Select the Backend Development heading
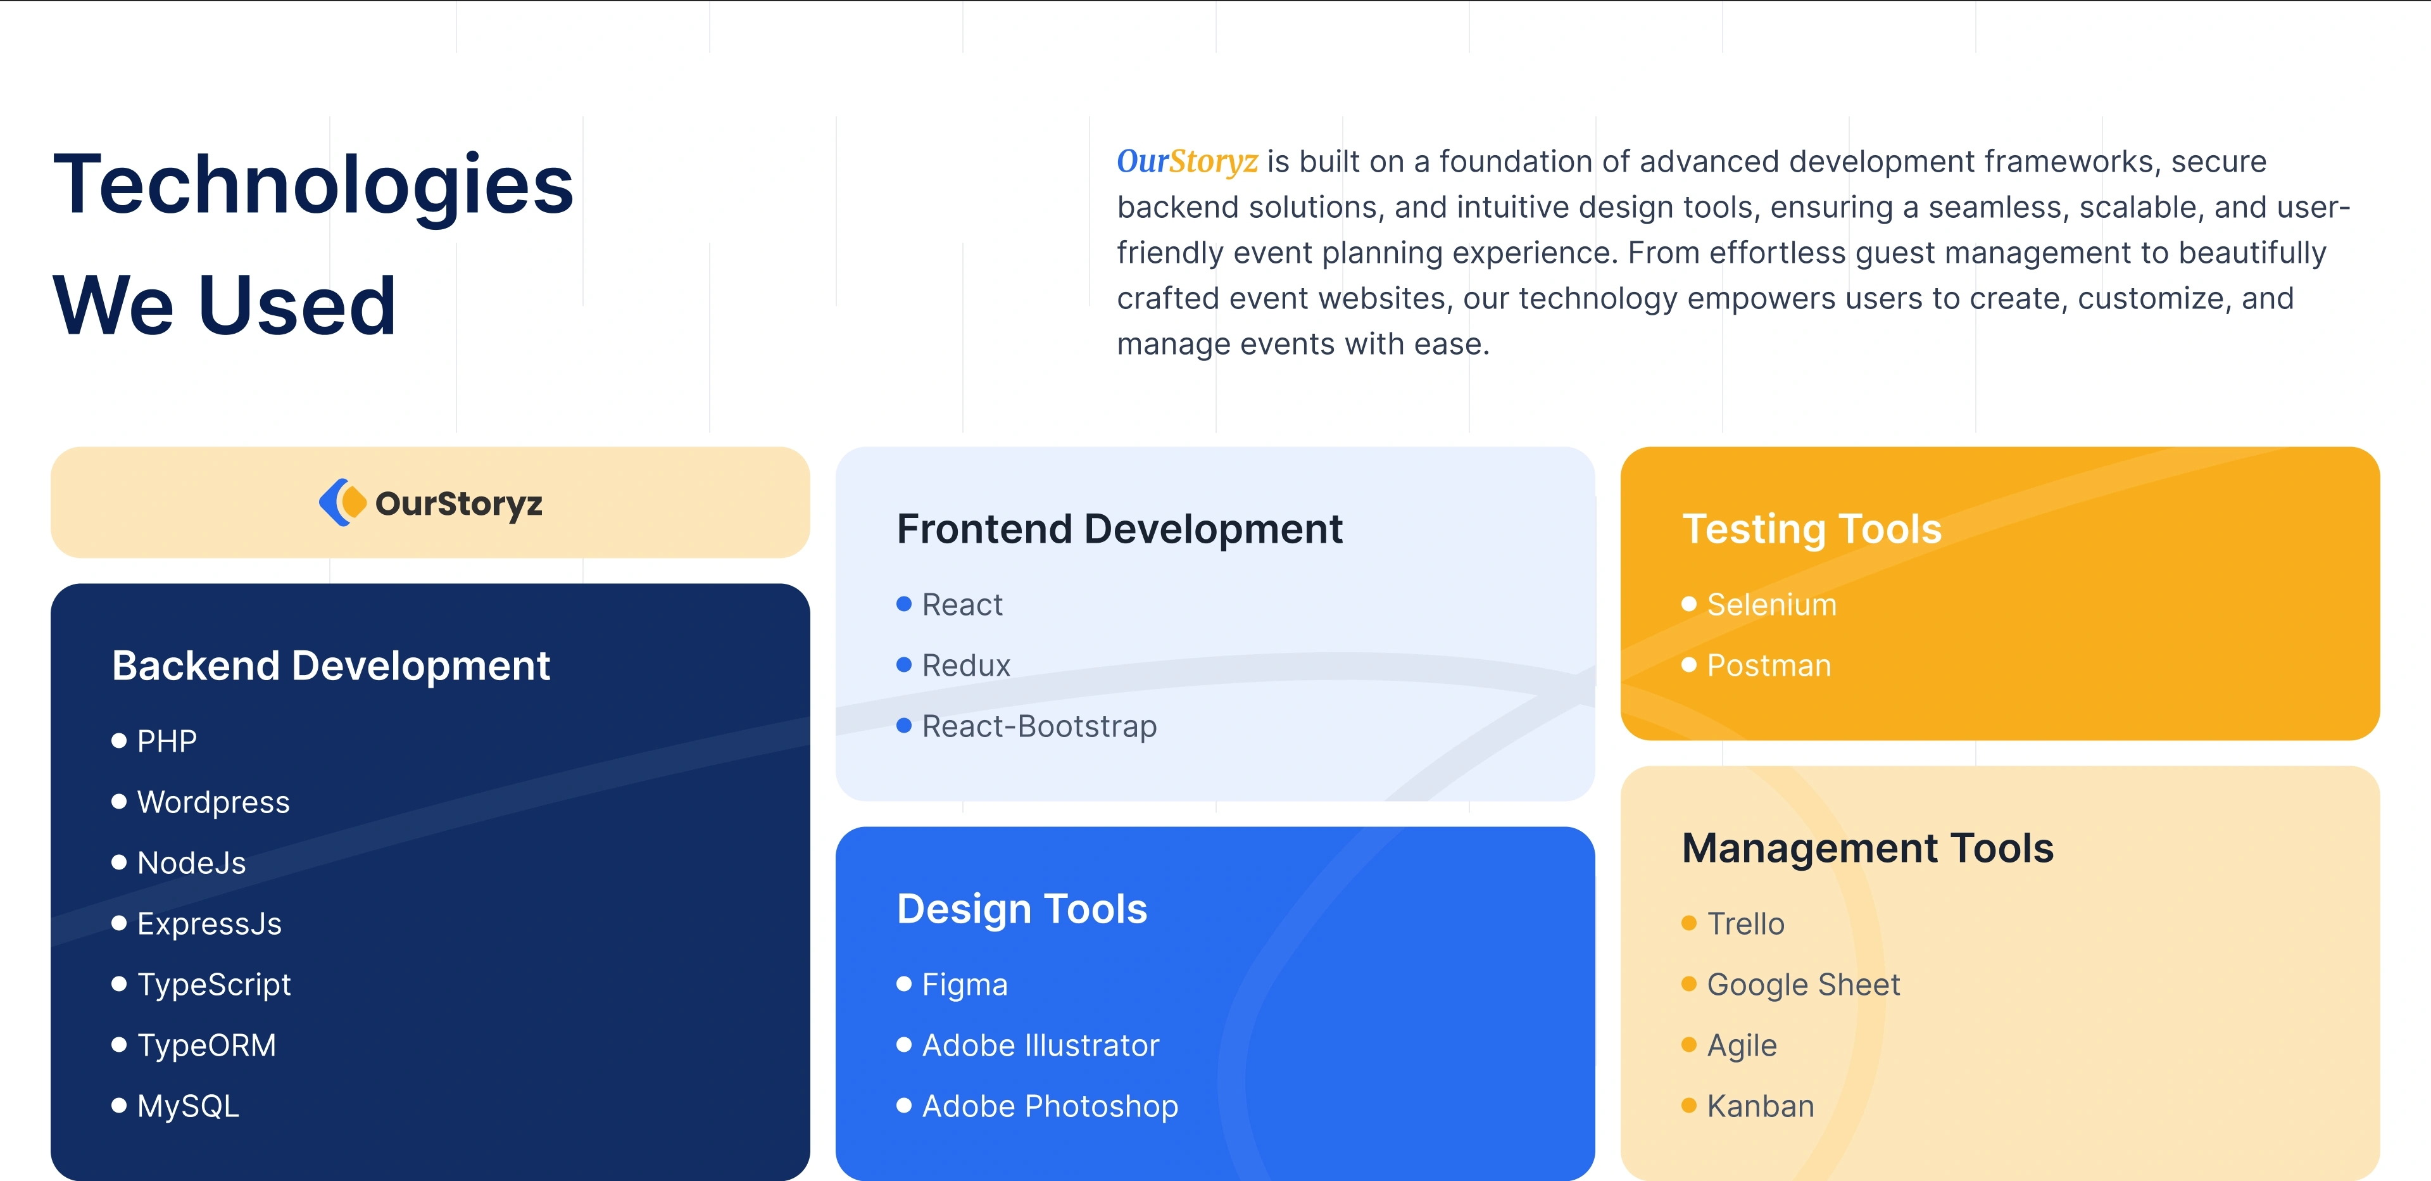pyautogui.click(x=330, y=666)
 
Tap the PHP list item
pyautogui.click(x=167, y=741)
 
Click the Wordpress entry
pyautogui.click(x=213, y=802)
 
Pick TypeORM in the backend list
pyautogui.click(x=206, y=1045)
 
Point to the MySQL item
pyautogui.click(x=188, y=1106)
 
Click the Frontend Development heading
pyautogui.click(x=1119, y=529)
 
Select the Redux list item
pyautogui.click(x=965, y=666)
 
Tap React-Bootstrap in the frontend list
pyautogui.click(x=1039, y=726)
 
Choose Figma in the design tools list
pyautogui.click(x=964, y=985)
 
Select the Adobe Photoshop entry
pyautogui.click(x=1050, y=1106)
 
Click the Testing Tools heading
pyautogui.click(x=1812, y=529)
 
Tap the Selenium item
pyautogui.click(x=1771, y=604)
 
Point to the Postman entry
pyautogui.click(x=1769, y=666)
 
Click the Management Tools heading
pyautogui.click(x=1868, y=849)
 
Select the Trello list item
pyautogui.click(x=1746, y=923)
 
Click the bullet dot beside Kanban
pyautogui.click(x=1689, y=1106)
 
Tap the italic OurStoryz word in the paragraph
pyautogui.click(x=1187, y=161)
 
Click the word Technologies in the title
pyautogui.click(x=313, y=185)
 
